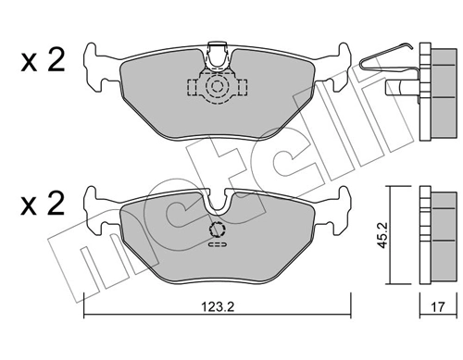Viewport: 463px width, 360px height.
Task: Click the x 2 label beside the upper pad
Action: coord(42,62)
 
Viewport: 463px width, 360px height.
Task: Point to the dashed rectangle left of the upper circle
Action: coord(195,88)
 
